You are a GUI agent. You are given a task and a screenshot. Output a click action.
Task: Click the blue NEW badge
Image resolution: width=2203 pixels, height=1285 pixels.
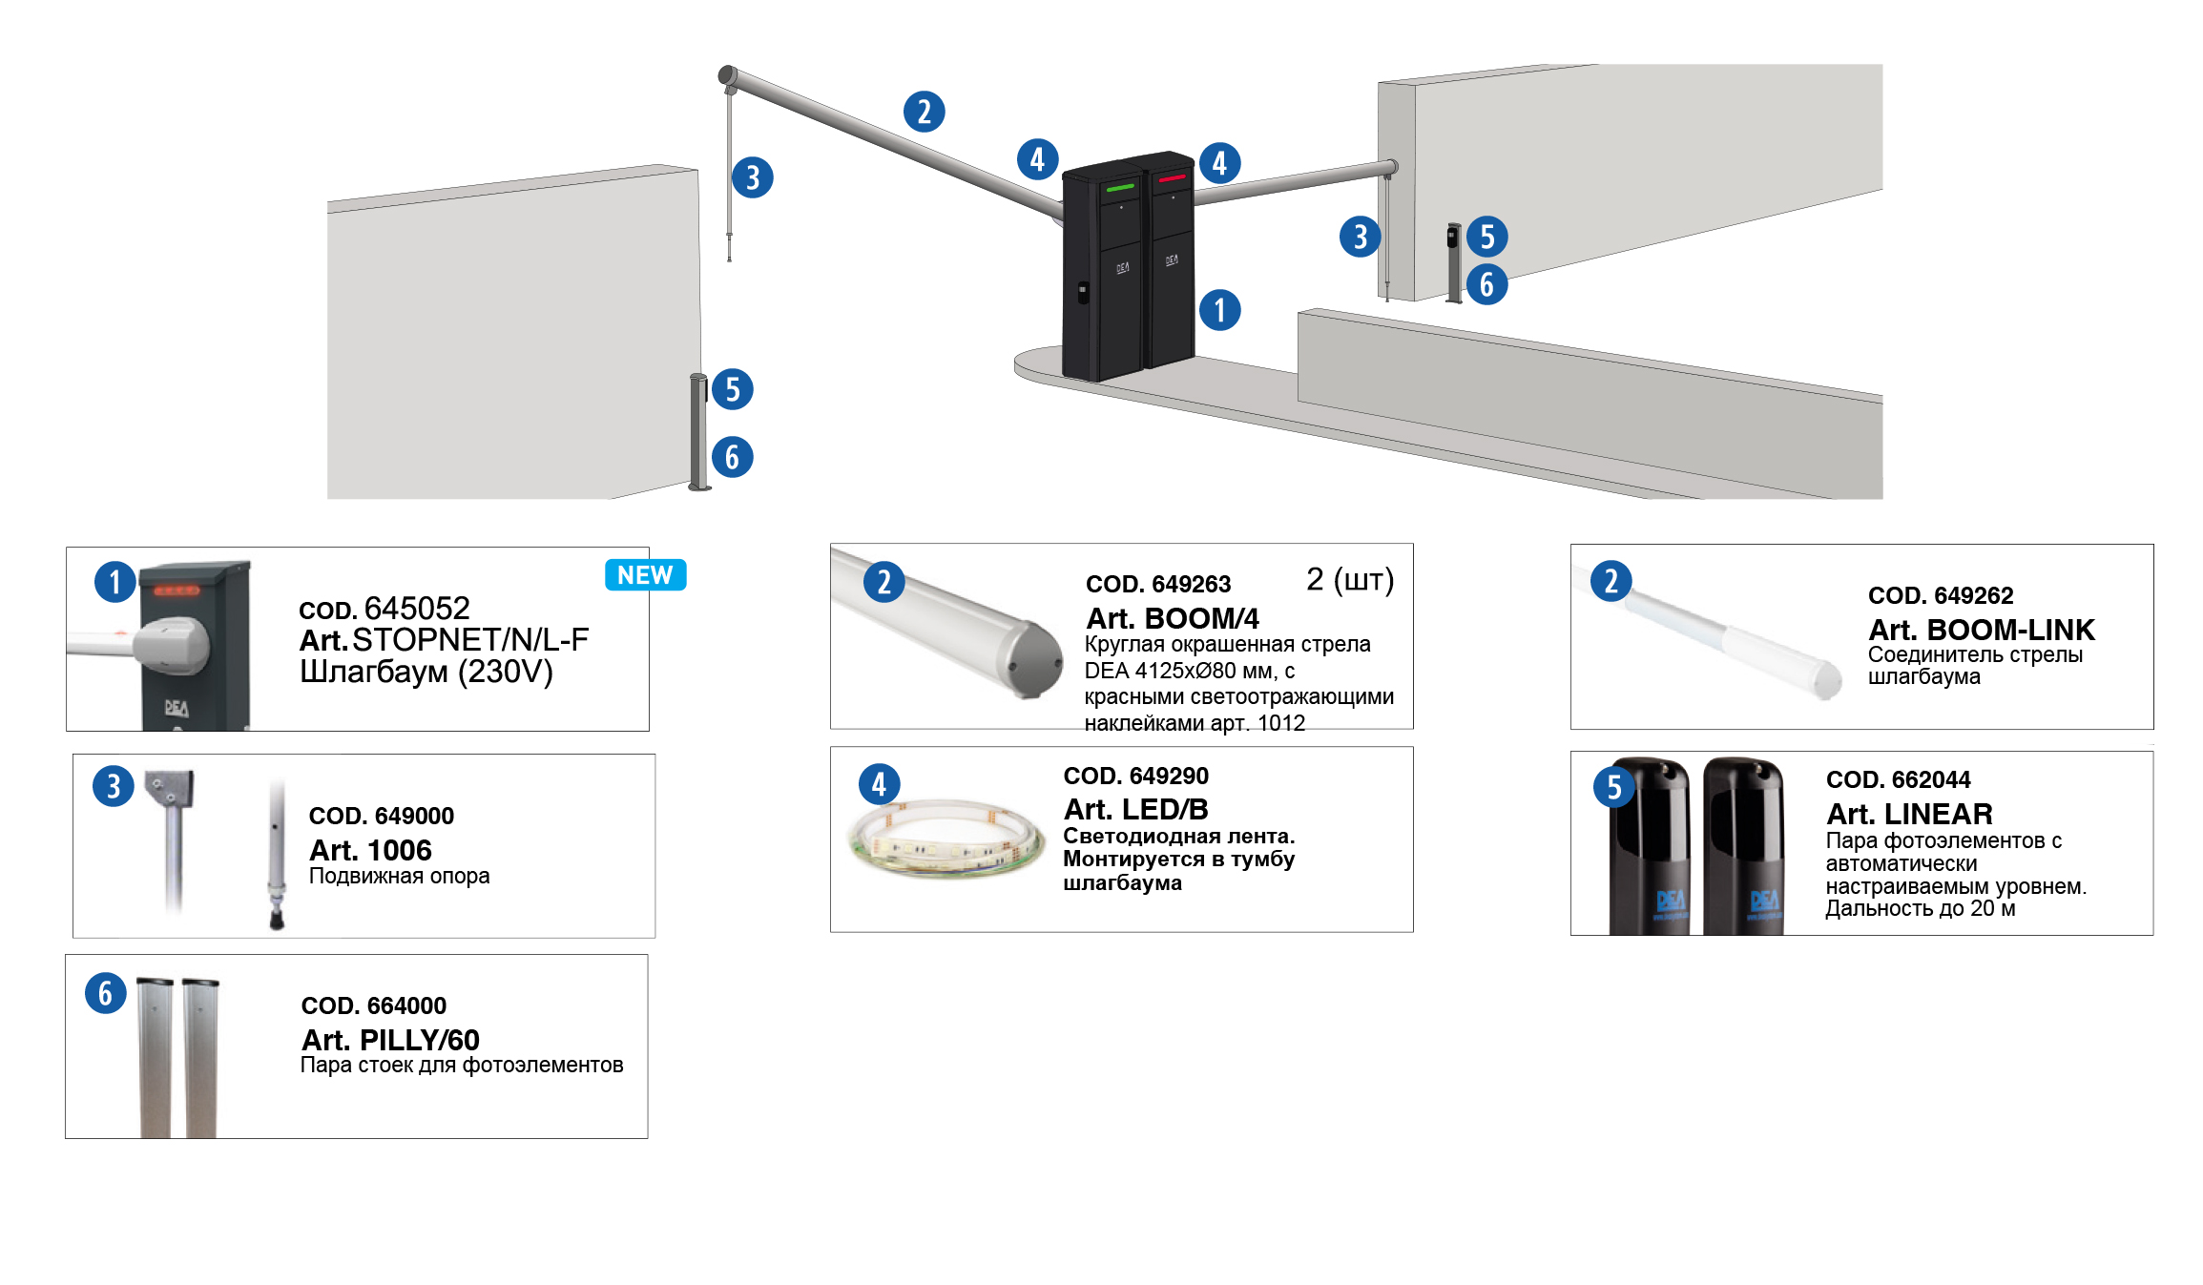pos(645,575)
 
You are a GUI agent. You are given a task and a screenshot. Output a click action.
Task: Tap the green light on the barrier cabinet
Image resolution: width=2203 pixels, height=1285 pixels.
pos(1119,188)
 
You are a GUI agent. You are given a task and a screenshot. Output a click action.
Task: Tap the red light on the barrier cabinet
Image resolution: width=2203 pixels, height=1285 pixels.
pos(1172,178)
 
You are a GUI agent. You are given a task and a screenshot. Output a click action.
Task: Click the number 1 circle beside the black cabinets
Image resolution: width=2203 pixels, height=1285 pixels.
pos(1219,310)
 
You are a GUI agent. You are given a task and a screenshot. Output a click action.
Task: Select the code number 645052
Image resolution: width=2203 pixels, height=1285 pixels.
pos(417,609)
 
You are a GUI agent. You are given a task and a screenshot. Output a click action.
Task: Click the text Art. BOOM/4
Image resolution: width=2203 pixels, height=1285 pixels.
pos(1172,618)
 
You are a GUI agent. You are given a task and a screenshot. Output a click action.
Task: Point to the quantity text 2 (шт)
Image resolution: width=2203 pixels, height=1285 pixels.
pos(1349,579)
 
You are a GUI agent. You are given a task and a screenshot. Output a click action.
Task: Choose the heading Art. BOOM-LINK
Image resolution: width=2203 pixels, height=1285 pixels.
pos(1981,630)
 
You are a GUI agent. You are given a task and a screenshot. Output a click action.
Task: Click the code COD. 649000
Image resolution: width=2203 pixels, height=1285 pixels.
pos(381,816)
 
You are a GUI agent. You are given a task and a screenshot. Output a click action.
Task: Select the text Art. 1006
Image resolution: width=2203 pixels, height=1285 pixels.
pos(370,850)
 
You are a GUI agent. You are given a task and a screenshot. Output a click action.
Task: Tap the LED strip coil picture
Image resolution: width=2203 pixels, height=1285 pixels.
pos(945,838)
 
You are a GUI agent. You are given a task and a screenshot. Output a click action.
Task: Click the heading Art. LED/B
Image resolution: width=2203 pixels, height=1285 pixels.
pos(1135,809)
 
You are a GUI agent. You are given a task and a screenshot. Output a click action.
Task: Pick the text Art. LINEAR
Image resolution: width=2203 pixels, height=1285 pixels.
pos(1908,814)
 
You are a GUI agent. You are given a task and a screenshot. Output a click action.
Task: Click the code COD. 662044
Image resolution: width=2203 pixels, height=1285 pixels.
pos(1898,779)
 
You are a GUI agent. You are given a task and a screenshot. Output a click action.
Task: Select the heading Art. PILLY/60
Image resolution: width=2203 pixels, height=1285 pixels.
pos(390,1039)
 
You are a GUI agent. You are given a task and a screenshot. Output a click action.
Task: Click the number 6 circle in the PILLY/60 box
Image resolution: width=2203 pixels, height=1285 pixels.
pos(106,993)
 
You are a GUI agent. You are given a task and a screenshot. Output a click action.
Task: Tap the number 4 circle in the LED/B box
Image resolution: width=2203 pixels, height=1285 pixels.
pos(879,784)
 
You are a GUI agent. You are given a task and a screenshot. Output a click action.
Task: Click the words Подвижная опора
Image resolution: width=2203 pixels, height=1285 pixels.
pos(399,876)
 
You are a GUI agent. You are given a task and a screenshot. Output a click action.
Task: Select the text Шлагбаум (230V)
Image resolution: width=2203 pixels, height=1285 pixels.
pos(426,672)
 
